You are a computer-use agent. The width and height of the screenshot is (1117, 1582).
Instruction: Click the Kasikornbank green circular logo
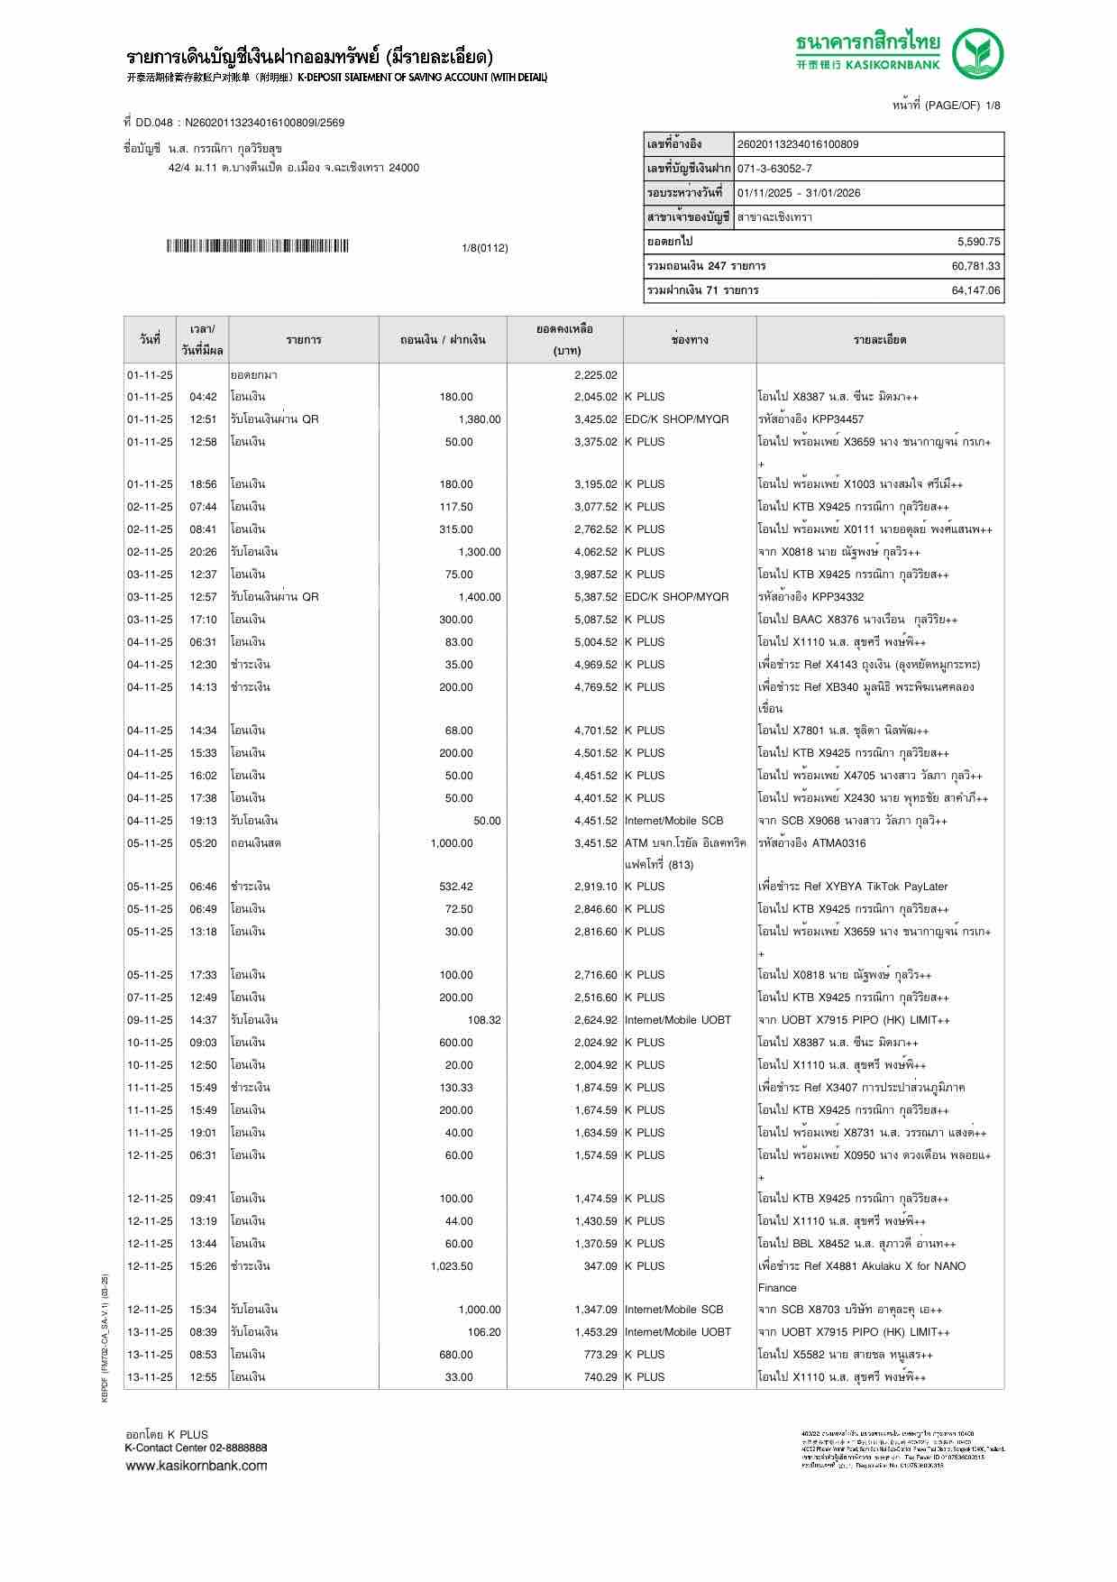click(x=978, y=53)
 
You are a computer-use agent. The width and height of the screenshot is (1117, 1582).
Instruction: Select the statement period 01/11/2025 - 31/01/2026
click(x=798, y=193)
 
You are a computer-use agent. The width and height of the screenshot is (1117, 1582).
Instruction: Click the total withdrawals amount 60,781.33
click(x=975, y=266)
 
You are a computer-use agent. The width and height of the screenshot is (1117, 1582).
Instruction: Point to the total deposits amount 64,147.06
click(x=975, y=290)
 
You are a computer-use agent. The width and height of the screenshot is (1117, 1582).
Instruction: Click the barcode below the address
click(x=257, y=246)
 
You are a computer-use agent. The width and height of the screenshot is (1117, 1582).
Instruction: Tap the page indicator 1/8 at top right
click(x=993, y=106)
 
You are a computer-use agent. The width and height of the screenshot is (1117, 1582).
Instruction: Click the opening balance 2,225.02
click(x=595, y=375)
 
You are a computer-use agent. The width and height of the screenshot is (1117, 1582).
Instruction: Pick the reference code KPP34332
click(x=838, y=597)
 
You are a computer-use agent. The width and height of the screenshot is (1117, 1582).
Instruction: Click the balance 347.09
click(x=600, y=1266)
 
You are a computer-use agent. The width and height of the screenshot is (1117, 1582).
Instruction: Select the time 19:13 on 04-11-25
click(x=203, y=821)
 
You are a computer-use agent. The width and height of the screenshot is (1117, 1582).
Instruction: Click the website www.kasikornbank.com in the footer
click(x=197, y=1465)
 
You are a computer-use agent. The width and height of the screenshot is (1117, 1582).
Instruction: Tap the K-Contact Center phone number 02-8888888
click(x=238, y=1448)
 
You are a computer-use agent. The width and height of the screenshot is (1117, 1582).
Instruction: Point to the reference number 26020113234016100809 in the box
click(x=798, y=144)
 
